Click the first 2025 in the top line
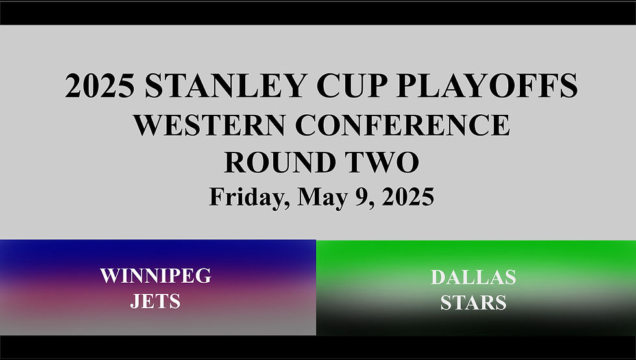point(101,86)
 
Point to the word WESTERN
point(211,125)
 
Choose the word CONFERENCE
point(403,125)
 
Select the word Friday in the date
point(245,196)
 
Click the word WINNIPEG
point(156,276)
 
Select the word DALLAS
point(473,278)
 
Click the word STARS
point(473,303)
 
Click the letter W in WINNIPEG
point(110,276)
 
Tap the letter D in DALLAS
point(437,278)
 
